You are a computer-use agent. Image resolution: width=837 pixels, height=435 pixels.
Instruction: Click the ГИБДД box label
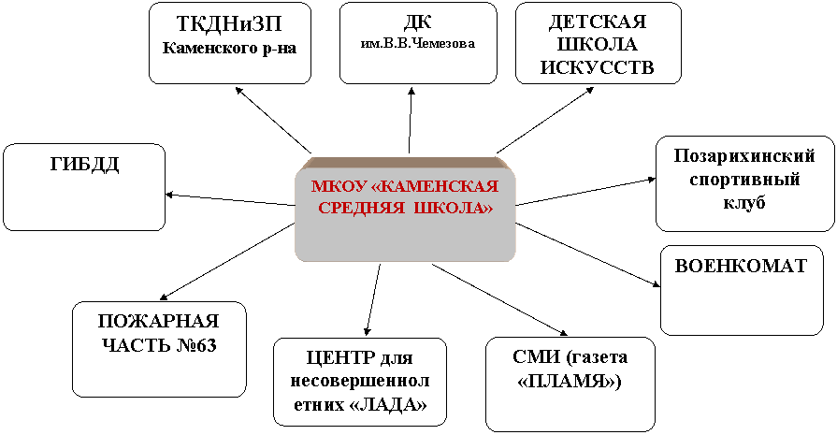[x=85, y=165]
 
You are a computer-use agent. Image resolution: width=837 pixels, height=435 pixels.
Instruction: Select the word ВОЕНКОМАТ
[x=741, y=267]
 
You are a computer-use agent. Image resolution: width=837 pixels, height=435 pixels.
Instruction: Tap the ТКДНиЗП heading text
[x=229, y=24]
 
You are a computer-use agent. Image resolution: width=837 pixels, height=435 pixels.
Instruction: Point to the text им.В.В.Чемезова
[x=418, y=44]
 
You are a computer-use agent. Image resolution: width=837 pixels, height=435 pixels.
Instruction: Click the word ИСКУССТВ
[x=598, y=67]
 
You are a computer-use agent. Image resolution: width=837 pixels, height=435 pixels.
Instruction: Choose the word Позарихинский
[x=744, y=156]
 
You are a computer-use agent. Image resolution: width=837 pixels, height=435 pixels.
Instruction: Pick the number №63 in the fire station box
[x=195, y=345]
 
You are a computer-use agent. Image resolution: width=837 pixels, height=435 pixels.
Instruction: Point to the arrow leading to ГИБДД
[x=230, y=199]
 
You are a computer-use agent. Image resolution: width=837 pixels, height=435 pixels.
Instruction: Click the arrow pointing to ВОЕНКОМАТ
[x=588, y=255]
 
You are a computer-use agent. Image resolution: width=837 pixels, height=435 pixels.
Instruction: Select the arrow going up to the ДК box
[x=411, y=122]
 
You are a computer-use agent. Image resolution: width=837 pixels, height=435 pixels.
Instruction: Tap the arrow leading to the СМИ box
[x=500, y=299]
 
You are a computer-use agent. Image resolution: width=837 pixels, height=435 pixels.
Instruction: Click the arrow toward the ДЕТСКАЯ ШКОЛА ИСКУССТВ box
[x=545, y=120]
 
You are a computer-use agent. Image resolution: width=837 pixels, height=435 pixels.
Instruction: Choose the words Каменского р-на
[x=229, y=49]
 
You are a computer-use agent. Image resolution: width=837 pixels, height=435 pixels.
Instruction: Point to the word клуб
[x=744, y=203]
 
